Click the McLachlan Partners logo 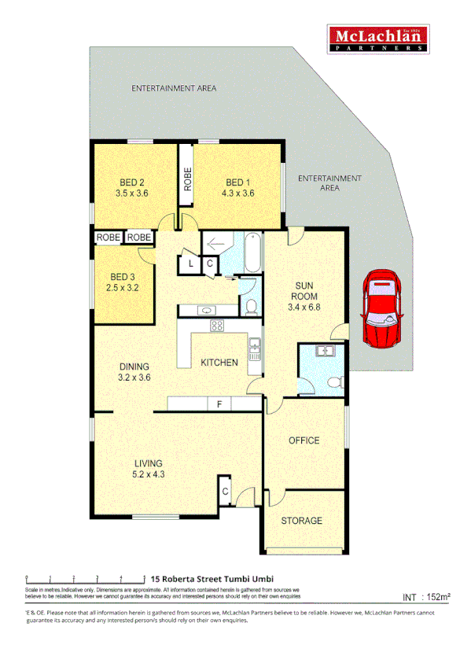coord(377,38)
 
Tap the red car coord(382,309)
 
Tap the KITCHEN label coord(219,363)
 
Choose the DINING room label coord(134,371)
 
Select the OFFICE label coord(304,440)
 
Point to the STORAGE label coord(302,521)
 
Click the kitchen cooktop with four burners coord(217,326)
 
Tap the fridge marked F coord(219,404)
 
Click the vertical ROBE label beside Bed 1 coord(187,180)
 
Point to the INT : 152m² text coord(426,597)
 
